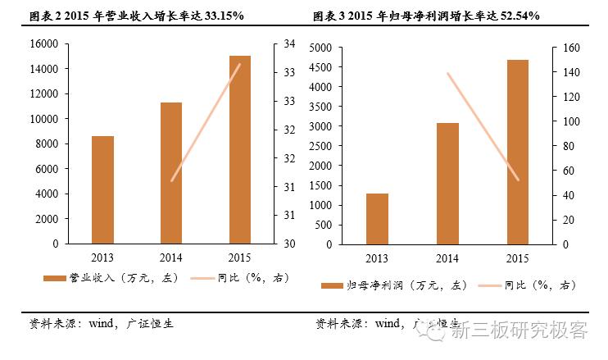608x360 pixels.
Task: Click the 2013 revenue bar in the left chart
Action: point(102,189)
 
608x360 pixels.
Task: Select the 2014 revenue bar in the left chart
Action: point(170,173)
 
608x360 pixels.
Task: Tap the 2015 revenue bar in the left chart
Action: point(239,149)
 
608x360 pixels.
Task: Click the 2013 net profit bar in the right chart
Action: point(377,219)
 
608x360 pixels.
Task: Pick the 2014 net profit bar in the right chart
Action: point(447,183)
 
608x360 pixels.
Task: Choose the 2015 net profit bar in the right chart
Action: point(516,152)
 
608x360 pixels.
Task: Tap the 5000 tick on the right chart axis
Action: point(321,48)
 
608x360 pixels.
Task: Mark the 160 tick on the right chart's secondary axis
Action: point(570,48)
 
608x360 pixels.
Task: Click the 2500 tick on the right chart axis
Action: point(321,146)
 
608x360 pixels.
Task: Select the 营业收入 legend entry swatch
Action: point(54,279)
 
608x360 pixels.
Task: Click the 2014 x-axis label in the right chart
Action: point(447,259)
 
